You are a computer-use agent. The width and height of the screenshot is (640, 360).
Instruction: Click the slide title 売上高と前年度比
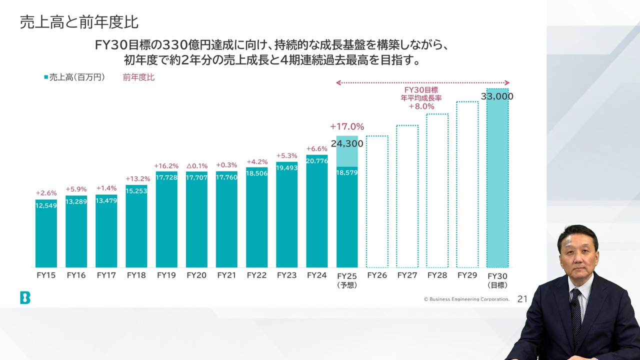pyautogui.click(x=79, y=22)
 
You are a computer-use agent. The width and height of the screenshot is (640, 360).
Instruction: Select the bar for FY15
pyautogui.click(x=46, y=235)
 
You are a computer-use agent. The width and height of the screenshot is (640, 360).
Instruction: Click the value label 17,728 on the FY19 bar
pyautogui.click(x=166, y=177)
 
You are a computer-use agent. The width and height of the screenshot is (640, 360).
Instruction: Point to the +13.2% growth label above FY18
pyautogui.click(x=137, y=179)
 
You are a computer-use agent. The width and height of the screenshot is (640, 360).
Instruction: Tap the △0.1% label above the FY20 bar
pyautogui.click(x=196, y=165)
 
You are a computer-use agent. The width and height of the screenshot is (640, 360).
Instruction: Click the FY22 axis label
pyautogui.click(x=256, y=275)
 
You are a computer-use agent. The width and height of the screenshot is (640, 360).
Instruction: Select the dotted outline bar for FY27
pyautogui.click(x=407, y=200)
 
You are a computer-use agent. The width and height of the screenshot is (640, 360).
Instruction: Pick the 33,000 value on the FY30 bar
pyautogui.click(x=497, y=96)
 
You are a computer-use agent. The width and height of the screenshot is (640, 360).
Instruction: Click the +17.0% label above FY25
pyautogui.click(x=347, y=126)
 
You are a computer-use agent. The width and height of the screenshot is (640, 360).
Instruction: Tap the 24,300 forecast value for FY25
pyautogui.click(x=347, y=144)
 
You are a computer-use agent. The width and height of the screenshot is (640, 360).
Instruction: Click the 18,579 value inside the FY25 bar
pyautogui.click(x=347, y=172)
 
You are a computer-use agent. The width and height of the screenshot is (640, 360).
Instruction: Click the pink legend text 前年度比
pyautogui.click(x=138, y=77)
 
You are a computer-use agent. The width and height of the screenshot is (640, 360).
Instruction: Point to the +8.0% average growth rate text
pyautogui.click(x=421, y=106)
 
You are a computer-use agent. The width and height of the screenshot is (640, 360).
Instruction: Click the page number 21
pyautogui.click(x=522, y=299)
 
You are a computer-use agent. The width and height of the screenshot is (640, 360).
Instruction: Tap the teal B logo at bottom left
pyautogui.click(x=25, y=298)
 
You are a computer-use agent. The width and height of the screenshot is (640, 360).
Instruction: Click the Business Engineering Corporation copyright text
pyautogui.click(x=466, y=299)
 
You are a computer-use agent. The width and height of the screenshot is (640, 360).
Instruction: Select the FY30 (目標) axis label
pyautogui.click(x=497, y=280)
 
